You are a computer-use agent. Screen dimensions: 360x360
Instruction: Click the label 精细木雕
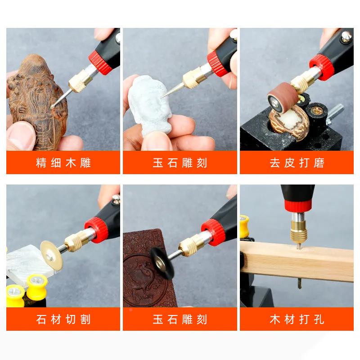click(x=63, y=163)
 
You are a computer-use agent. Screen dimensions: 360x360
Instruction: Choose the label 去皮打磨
click(x=297, y=163)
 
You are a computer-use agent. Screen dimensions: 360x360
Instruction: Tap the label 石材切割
click(x=63, y=319)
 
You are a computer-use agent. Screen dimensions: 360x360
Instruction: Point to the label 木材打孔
click(x=297, y=319)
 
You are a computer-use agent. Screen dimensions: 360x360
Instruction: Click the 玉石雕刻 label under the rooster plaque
click(x=180, y=319)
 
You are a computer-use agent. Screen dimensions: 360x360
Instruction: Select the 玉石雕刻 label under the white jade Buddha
click(x=180, y=163)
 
